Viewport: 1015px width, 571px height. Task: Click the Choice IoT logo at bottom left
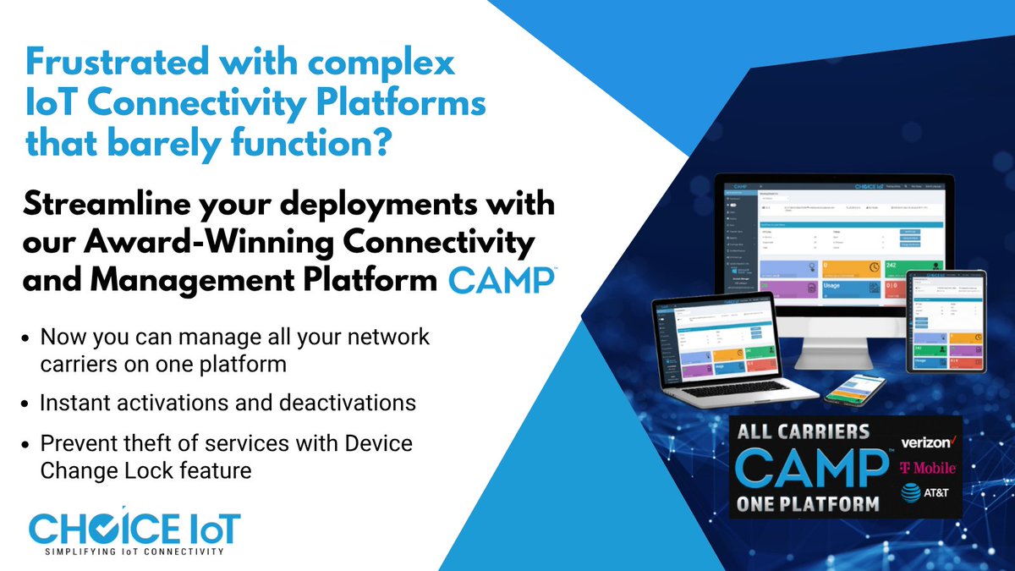134,528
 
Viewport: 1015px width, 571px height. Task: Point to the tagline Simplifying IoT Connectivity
134,552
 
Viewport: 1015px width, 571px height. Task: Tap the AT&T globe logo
912,493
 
